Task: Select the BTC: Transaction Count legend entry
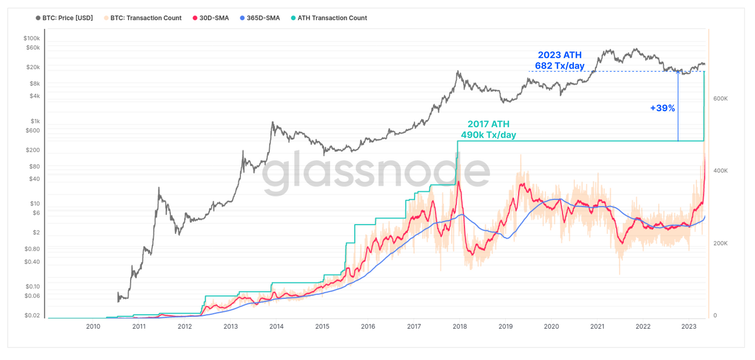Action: click(142, 18)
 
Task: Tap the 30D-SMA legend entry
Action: click(211, 18)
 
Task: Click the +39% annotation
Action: click(663, 108)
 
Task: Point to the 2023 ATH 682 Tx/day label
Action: click(560, 60)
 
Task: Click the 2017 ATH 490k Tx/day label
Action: click(488, 129)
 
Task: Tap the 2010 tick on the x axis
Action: click(93, 327)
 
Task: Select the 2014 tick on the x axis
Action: click(276, 327)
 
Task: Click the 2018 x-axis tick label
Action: click(459, 327)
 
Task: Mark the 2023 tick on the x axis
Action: click(689, 327)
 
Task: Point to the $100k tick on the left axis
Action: click(31, 38)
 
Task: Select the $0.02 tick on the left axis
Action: click(32, 315)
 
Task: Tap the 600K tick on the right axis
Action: click(720, 99)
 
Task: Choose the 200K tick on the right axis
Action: click(720, 244)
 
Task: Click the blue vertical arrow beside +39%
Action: click(678, 106)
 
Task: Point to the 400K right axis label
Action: click(720, 171)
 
